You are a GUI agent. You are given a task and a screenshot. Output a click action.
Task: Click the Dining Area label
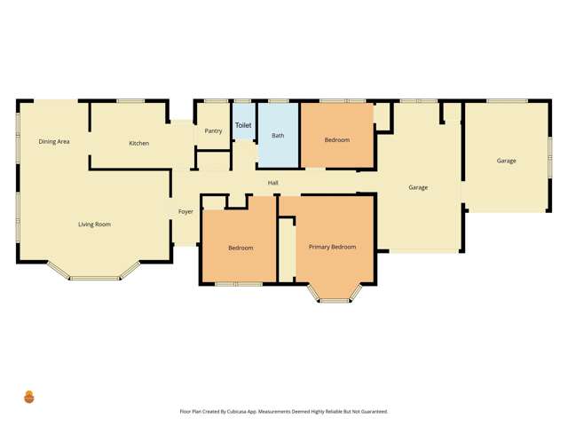54,141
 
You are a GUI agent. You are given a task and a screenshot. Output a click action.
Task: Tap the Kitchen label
138,143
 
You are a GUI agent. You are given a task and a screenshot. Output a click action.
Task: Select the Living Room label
94,225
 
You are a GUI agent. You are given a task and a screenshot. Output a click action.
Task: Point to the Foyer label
185,211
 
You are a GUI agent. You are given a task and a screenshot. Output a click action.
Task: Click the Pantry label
213,131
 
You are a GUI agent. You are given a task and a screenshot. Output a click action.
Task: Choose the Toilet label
243,126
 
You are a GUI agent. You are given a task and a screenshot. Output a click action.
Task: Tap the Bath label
278,136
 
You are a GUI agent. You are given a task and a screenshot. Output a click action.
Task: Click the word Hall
273,184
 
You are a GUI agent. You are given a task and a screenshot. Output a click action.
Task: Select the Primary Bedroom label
332,247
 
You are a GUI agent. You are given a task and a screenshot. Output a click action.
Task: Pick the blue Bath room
278,146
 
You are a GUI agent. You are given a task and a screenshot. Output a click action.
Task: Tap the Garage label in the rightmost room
506,161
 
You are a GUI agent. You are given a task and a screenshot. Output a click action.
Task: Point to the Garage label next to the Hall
418,187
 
